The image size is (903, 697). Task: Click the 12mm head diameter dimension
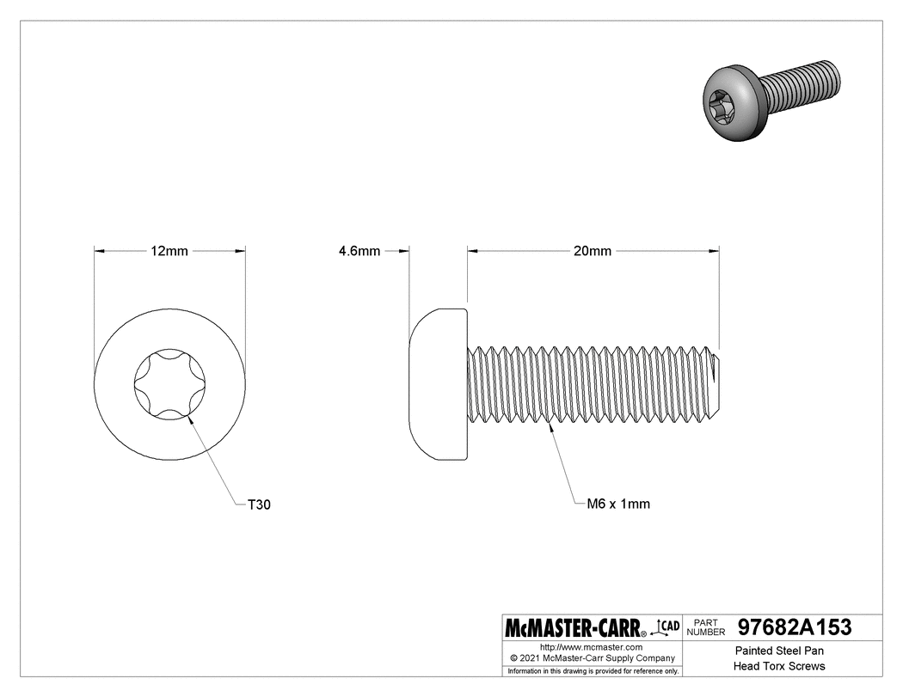[169, 251]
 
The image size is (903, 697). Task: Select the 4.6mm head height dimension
[359, 251]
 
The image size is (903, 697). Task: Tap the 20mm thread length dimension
[593, 251]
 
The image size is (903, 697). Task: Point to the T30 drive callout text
[259, 505]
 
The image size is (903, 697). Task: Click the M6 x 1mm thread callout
[617, 504]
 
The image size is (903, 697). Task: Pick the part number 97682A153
[795, 628]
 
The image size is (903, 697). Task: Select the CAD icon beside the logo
[666, 627]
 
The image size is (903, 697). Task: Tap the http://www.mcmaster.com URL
[591, 646]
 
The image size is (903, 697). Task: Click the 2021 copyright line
[591, 657]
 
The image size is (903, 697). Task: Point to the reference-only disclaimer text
[593, 670]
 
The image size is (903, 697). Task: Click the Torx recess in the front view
[169, 383]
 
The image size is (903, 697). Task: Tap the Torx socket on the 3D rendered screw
[720, 105]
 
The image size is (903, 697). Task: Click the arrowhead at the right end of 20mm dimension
[715, 251]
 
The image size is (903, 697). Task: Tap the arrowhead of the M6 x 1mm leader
[550, 423]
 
